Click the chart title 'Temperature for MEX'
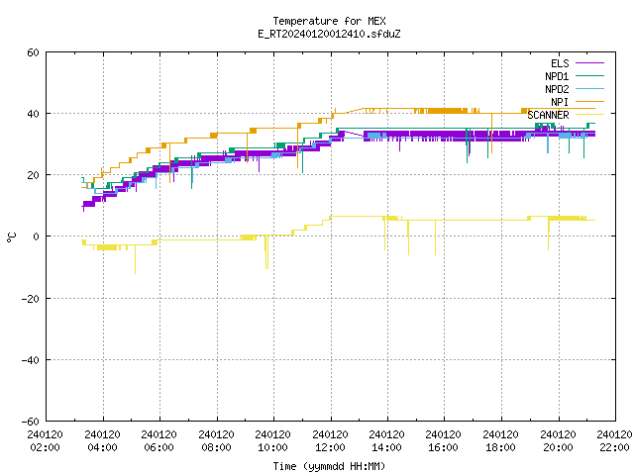click(329, 21)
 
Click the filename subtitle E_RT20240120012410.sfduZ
click(329, 34)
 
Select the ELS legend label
click(560, 63)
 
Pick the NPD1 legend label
click(557, 76)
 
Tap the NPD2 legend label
click(557, 89)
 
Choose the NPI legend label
click(560, 102)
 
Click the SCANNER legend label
click(548, 115)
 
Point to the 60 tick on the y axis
click(33, 52)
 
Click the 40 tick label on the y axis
click(33, 114)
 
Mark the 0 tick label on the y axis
click(37, 237)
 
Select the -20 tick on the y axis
click(31, 299)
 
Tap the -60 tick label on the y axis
click(31, 422)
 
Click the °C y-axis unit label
click(11, 237)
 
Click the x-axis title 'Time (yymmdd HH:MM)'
click(329, 466)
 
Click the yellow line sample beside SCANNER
click(589, 115)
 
